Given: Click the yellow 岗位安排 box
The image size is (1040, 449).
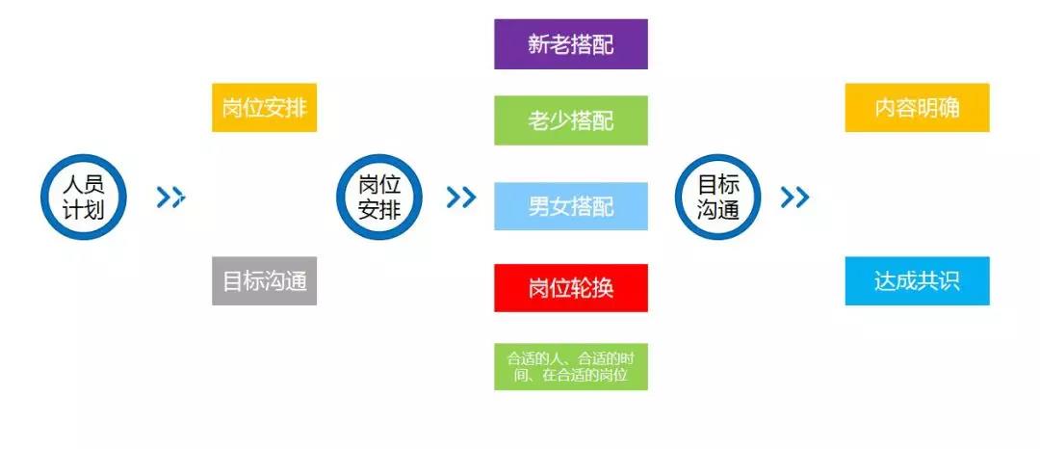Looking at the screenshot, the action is pyautogui.click(x=264, y=108).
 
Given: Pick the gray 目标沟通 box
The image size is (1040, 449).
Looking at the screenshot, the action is pyautogui.click(x=264, y=280).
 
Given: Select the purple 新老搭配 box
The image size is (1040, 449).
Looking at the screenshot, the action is pyautogui.click(x=570, y=43).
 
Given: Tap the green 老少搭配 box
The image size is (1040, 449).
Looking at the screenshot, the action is pyautogui.click(x=570, y=120).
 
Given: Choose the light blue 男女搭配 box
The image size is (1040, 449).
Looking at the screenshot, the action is pyautogui.click(x=570, y=206).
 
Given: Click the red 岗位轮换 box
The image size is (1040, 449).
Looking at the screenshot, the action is pyautogui.click(x=570, y=288).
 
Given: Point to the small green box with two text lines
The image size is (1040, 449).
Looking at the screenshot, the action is pyautogui.click(x=570, y=366).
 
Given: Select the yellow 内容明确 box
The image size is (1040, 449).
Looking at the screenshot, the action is pyautogui.click(x=918, y=108).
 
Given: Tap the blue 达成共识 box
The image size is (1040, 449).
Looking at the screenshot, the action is pyautogui.click(x=918, y=280).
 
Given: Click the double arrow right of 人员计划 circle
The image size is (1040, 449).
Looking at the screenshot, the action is pyautogui.click(x=170, y=197).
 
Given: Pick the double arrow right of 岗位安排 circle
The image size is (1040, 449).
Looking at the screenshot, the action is pyautogui.click(x=461, y=197).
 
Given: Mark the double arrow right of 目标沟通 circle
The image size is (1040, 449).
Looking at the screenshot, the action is pyautogui.click(x=794, y=197).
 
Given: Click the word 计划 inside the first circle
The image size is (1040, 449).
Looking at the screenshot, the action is pyautogui.click(x=84, y=210).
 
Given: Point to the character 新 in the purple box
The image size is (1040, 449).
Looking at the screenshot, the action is pyautogui.click(x=538, y=44).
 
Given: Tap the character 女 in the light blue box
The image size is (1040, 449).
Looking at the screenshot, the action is pyautogui.click(x=559, y=207).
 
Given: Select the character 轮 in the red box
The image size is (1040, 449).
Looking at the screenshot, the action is pyautogui.click(x=581, y=288).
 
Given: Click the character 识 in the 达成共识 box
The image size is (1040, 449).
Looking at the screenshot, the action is pyautogui.click(x=949, y=281).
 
